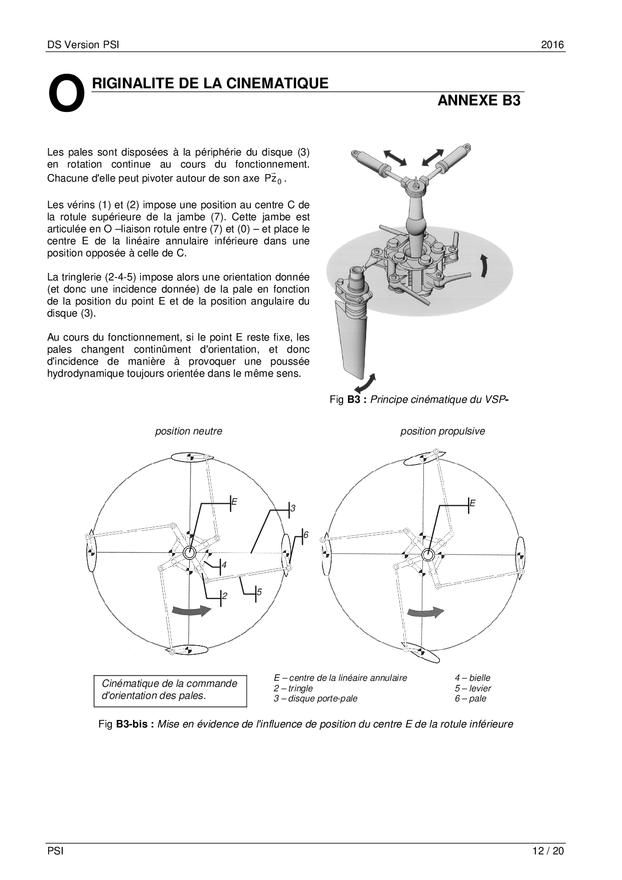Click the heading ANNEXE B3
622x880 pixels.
click(479, 100)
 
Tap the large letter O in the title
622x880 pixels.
click(66, 93)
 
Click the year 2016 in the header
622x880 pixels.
click(552, 45)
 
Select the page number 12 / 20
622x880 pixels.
click(548, 850)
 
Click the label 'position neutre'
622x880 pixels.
click(189, 431)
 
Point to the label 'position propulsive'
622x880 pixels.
click(442, 431)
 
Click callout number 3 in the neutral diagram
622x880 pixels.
click(293, 508)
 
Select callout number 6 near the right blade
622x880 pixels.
click(305, 535)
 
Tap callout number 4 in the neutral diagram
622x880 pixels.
click(224, 565)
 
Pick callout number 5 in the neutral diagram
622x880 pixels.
click(259, 592)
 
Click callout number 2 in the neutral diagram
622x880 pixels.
click(225, 596)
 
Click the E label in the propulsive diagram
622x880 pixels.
click(472, 503)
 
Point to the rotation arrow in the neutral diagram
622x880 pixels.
click(192, 610)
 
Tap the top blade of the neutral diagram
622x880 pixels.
click(191, 457)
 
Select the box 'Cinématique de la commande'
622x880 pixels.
click(170, 690)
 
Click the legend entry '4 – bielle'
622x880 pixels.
click(473, 678)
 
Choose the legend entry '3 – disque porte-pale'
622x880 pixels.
click(316, 698)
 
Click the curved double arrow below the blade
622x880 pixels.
click(365, 383)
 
